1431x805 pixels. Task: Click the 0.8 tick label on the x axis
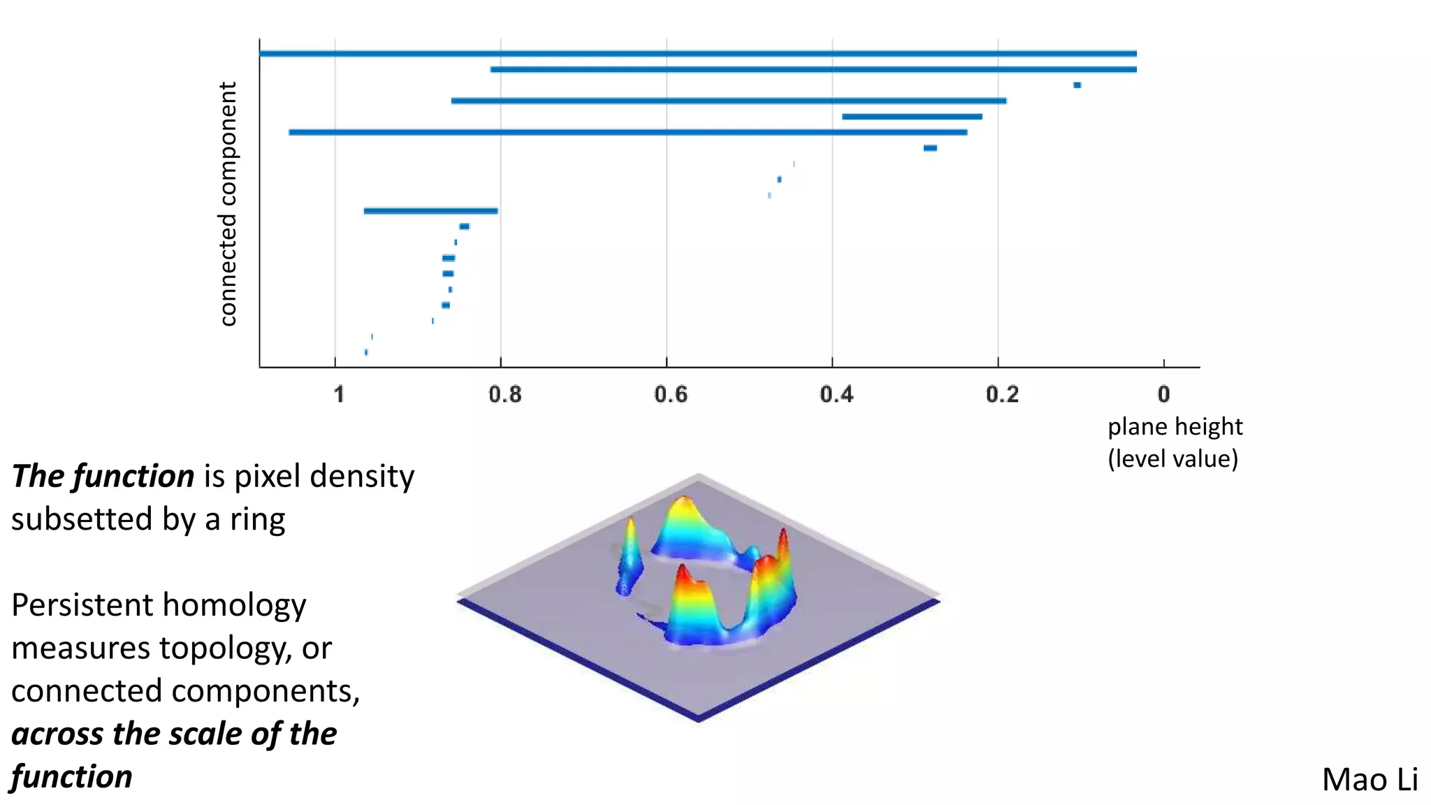coord(504,395)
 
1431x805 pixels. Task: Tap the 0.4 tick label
coord(836,395)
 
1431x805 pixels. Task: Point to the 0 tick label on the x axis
coord(1163,395)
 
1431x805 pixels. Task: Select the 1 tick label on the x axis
coord(339,395)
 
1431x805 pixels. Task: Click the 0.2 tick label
coord(1002,395)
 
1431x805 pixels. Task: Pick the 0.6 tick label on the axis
coord(671,395)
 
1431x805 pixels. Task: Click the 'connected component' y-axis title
coord(228,203)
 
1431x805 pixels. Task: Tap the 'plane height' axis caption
coord(1175,426)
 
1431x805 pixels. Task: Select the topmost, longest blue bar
coord(697,53)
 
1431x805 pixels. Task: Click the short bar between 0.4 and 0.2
coord(912,117)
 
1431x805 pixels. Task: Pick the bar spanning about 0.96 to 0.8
coord(430,210)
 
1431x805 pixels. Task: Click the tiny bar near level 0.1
coord(1077,85)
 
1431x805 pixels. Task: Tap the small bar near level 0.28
coord(930,148)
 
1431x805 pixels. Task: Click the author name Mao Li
coord(1369,779)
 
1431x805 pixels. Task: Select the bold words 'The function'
coord(103,477)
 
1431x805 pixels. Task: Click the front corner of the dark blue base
coord(698,719)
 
